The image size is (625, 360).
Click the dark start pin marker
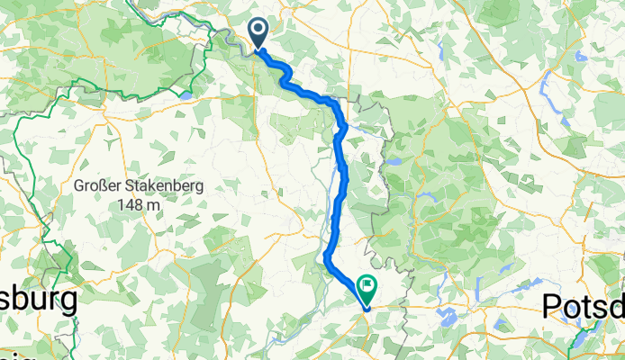coord(258,33)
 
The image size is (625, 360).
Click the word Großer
coord(100,187)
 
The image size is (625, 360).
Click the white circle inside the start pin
coord(258,30)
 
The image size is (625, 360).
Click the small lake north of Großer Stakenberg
coord(185,93)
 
